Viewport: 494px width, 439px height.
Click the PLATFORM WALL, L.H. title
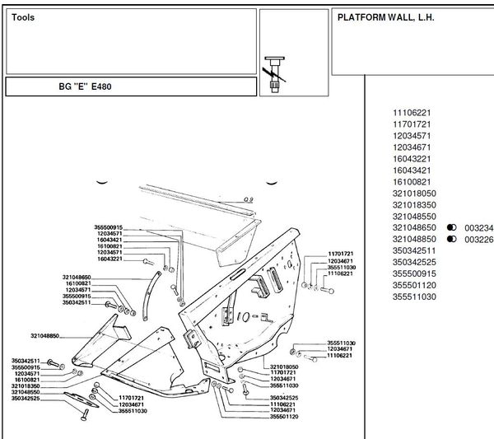pos(385,17)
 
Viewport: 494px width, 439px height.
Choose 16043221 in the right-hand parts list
pos(412,158)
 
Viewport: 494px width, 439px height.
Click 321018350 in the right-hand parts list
pos(414,204)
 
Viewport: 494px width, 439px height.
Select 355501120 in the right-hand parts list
pos(414,285)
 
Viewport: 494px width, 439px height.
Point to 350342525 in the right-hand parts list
pos(414,262)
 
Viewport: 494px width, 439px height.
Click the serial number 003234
pos(478,227)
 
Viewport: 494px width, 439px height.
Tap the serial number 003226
pos(478,239)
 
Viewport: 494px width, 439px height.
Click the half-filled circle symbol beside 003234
pos(451,227)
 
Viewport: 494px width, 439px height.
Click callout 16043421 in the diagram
pos(110,240)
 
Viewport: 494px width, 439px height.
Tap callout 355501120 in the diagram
pos(284,417)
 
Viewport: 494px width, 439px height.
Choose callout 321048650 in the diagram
pos(77,277)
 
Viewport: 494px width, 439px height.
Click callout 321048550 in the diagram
pos(26,392)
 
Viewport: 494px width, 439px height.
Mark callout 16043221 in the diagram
pos(110,259)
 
